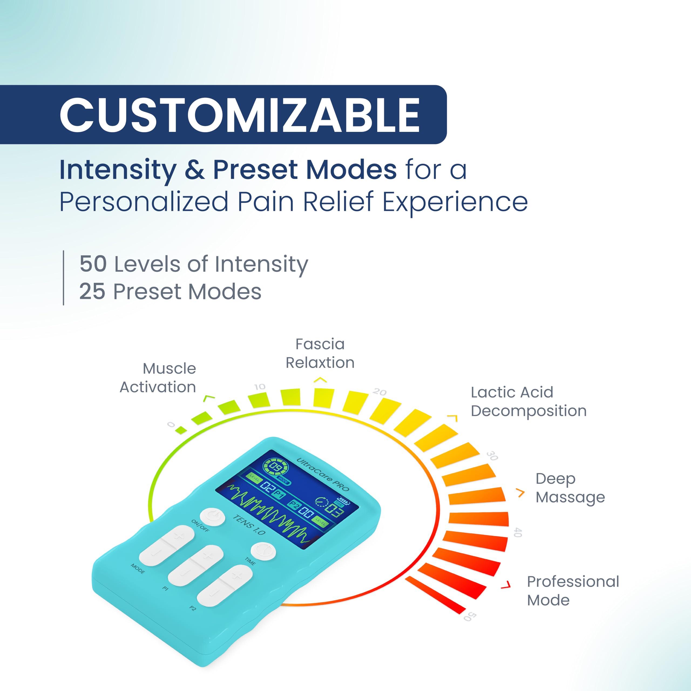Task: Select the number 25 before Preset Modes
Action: click(x=92, y=292)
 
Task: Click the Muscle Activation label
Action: click(x=158, y=378)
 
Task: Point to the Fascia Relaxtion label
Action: click(x=320, y=353)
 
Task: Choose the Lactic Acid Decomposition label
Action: click(x=529, y=402)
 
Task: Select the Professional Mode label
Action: click(x=573, y=591)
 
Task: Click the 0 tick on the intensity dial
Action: click(x=171, y=425)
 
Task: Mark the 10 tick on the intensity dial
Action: click(x=260, y=387)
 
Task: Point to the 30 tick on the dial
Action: click(x=492, y=456)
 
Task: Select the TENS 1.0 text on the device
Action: click(x=249, y=525)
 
